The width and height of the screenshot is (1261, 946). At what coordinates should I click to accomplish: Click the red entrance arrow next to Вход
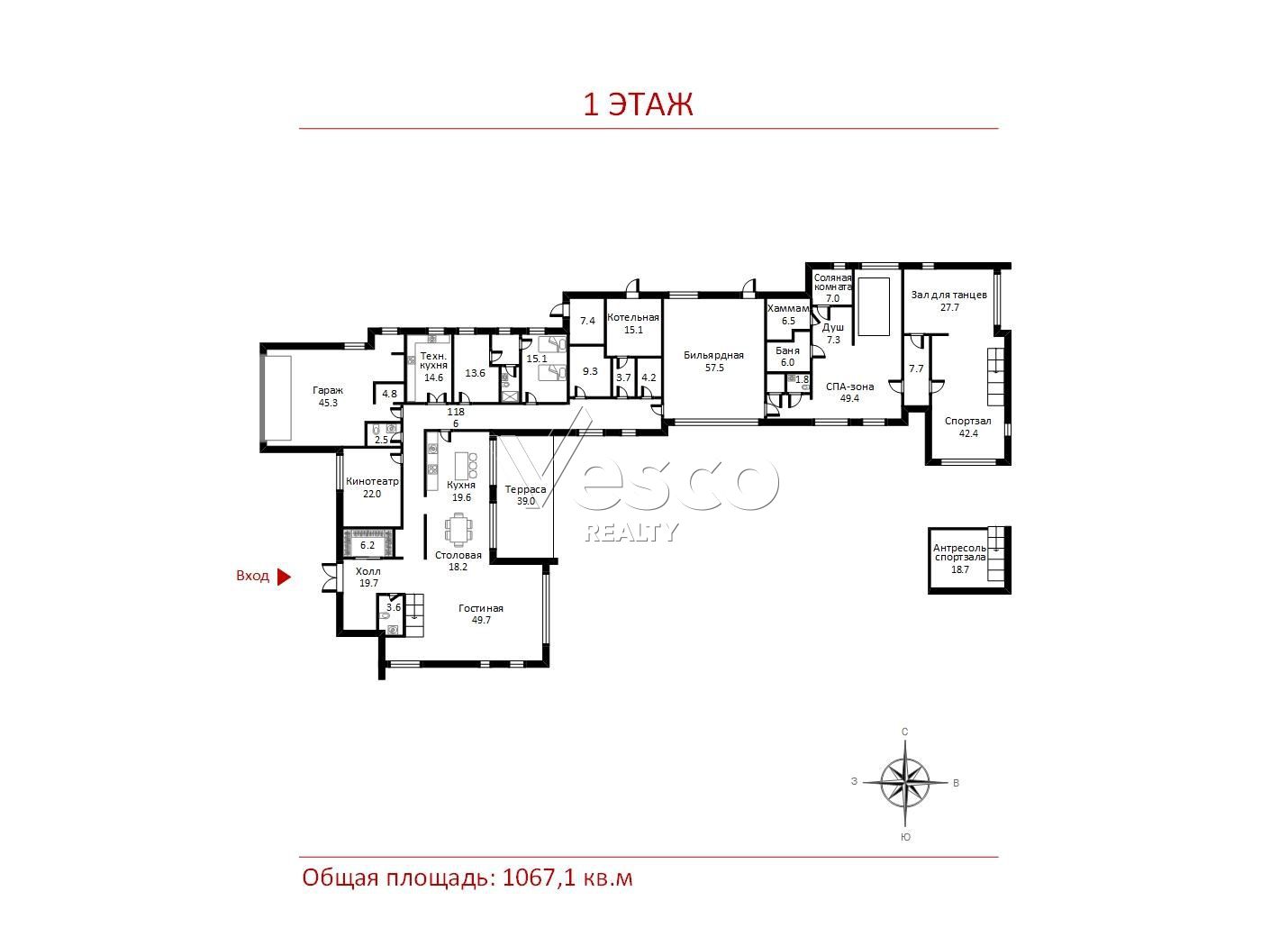tap(284, 576)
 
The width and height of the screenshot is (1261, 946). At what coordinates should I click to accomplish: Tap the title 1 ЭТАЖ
tap(638, 105)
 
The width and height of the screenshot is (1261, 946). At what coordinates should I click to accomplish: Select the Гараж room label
tap(328, 391)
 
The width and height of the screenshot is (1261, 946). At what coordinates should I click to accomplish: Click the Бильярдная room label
tap(713, 356)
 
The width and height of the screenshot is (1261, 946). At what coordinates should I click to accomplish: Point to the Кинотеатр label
tap(372, 481)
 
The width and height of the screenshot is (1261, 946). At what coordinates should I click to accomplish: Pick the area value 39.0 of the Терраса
tap(526, 501)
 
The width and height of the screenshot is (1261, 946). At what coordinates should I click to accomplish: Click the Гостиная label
tap(481, 608)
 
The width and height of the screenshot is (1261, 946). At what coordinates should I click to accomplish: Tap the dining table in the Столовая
tap(458, 530)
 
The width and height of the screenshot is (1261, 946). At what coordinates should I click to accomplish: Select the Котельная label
tap(633, 318)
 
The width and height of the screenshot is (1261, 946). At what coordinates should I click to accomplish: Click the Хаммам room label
tap(788, 308)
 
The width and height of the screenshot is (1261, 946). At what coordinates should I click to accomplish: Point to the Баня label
tap(787, 350)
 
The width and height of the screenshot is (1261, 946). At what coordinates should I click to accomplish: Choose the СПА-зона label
tap(849, 387)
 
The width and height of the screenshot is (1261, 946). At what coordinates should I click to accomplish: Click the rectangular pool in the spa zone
tap(874, 306)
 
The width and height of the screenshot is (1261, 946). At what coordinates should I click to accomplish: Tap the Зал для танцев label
tap(949, 296)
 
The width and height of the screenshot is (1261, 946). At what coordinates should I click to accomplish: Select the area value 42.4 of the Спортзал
tap(968, 433)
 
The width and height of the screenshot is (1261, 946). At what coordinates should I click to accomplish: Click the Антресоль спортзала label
tap(960, 552)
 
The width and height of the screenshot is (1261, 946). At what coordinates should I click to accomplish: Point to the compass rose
tap(905, 783)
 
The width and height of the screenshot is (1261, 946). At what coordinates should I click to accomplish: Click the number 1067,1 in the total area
tap(539, 878)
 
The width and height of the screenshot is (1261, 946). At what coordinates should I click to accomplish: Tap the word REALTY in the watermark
tap(631, 532)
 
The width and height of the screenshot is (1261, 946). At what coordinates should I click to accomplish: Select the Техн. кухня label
tap(433, 360)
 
